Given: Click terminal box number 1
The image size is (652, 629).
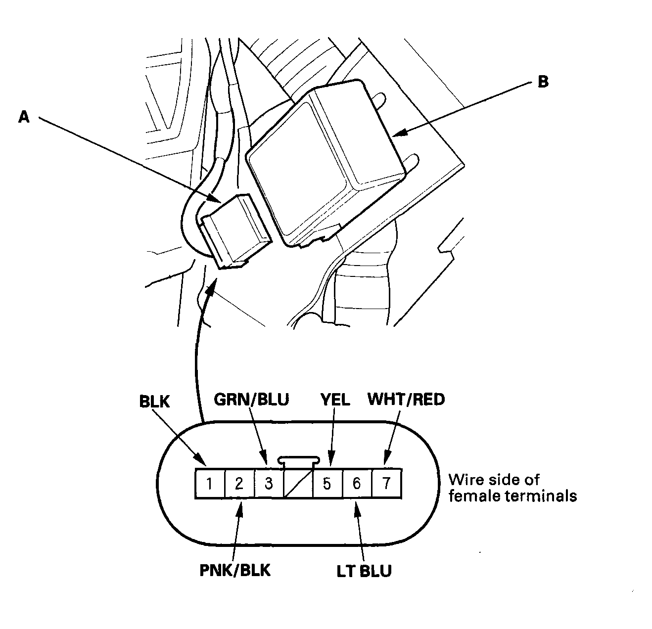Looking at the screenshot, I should tap(210, 483).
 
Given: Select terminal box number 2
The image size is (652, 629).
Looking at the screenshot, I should tap(239, 483).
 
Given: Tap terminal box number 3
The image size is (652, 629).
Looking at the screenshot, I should tap(268, 483).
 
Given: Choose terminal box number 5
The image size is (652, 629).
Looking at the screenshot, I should tap(327, 483).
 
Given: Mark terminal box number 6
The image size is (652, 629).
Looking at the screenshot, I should tap(357, 483).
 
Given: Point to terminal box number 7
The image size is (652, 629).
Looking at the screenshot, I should tap(386, 483).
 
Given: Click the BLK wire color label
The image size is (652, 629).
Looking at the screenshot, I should tap(154, 402).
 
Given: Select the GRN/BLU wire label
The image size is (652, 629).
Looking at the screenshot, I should tap(251, 399).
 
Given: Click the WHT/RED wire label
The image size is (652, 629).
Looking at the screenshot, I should tap(406, 399).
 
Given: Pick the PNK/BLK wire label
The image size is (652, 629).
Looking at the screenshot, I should tap(235, 570).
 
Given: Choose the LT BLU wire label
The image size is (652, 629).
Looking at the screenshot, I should tap(364, 571).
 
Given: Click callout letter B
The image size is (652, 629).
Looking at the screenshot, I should tap(543, 82).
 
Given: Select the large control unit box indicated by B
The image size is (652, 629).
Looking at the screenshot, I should tap(326, 163).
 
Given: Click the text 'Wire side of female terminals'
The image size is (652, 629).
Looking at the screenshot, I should tap(512, 488).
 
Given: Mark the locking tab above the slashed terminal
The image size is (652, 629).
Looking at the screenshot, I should tap(298, 460).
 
